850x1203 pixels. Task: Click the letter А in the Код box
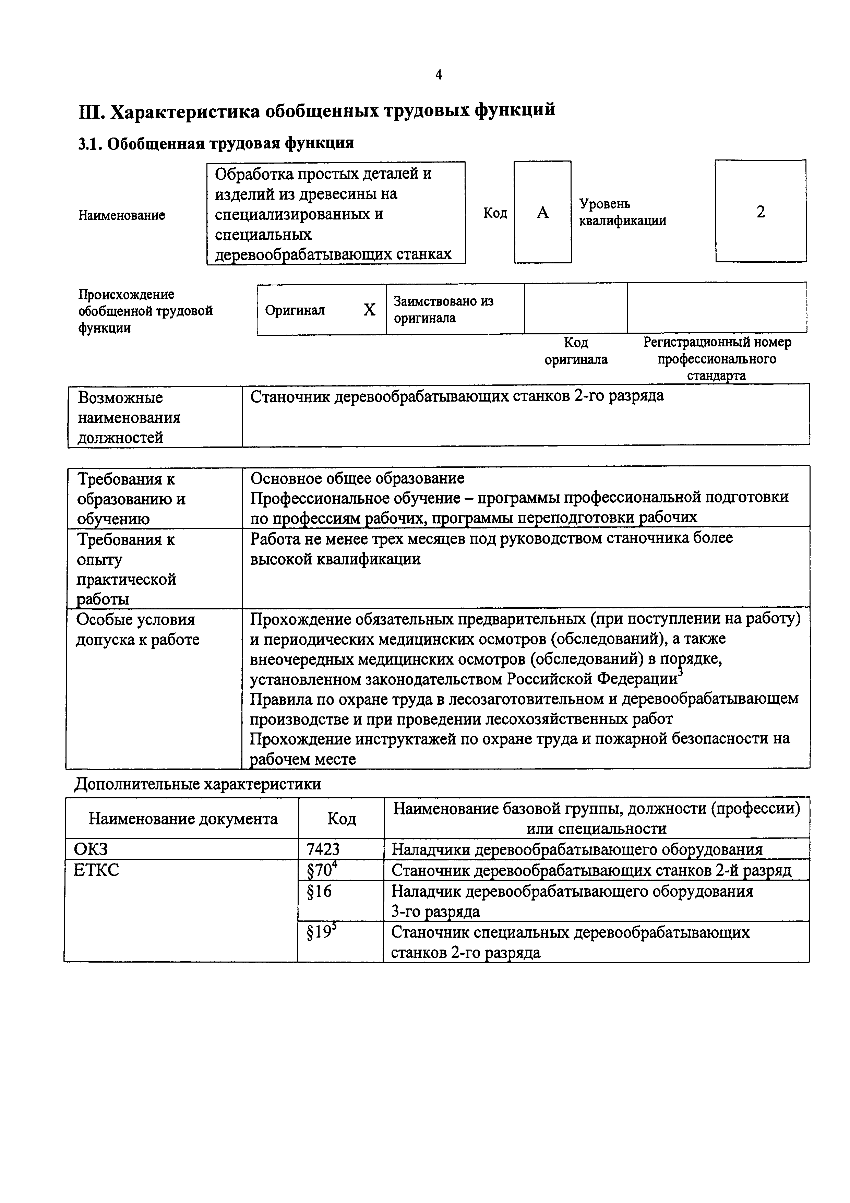click(x=543, y=212)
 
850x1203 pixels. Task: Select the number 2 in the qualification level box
click(x=761, y=212)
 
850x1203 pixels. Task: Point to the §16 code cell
click(x=320, y=891)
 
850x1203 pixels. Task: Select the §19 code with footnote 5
click(x=322, y=933)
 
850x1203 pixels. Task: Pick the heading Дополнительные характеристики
click(x=197, y=784)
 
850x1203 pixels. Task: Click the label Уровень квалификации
click(x=622, y=212)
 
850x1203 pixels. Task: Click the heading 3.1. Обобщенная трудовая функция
click(x=216, y=143)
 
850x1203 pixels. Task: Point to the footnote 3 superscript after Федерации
click(x=680, y=672)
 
